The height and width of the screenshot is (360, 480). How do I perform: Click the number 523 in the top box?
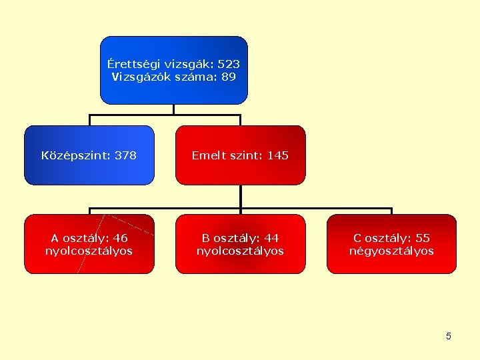(229, 65)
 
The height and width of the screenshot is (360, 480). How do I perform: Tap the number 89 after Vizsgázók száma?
(228, 77)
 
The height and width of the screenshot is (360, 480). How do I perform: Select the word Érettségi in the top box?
(131, 65)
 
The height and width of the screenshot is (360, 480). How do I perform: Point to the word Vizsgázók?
(137, 77)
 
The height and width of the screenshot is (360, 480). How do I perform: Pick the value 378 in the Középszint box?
(125, 156)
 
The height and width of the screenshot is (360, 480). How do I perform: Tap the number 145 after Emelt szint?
(277, 156)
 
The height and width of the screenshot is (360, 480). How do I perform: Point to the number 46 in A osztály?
(121, 238)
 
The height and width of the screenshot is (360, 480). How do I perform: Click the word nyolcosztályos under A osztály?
(89, 251)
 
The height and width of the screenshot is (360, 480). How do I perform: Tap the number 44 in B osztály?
(271, 238)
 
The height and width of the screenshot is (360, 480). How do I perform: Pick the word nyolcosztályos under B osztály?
(240, 251)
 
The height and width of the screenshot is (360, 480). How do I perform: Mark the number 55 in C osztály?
(422, 238)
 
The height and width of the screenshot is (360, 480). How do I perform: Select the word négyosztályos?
(391, 251)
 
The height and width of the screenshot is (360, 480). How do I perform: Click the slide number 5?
(449, 336)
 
